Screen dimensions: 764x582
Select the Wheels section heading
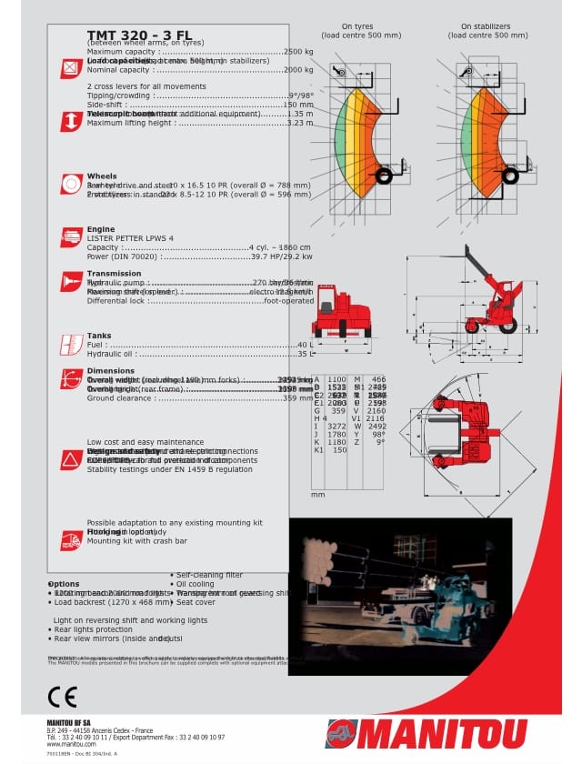click(x=102, y=176)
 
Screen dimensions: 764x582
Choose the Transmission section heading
click(x=114, y=273)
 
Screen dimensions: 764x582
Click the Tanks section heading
click(x=99, y=336)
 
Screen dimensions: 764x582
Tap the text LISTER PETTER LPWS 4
click(x=129, y=238)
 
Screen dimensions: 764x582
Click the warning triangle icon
click(x=71, y=459)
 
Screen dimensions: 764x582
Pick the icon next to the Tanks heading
click(x=71, y=345)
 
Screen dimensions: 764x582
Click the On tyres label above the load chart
click(x=358, y=27)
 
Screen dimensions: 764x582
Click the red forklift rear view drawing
click(x=341, y=314)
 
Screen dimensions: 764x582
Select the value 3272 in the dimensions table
click(x=336, y=426)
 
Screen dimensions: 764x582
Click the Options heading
click(x=64, y=583)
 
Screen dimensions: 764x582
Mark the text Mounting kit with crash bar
click(x=136, y=540)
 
